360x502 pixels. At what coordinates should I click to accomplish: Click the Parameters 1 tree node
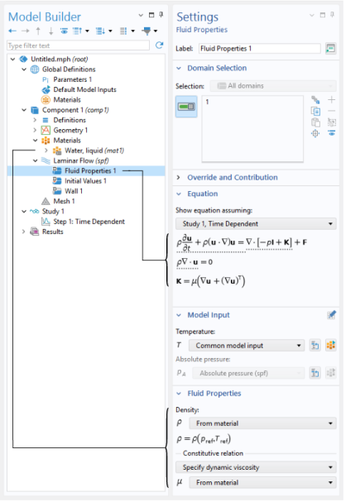(72, 79)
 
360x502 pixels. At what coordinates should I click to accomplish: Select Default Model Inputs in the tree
(84, 89)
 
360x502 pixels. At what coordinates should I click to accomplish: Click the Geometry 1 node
(70, 131)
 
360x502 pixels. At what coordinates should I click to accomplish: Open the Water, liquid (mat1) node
(94, 151)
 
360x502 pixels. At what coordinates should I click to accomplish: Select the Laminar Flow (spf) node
(81, 160)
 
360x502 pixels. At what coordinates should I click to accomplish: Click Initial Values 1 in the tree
(85, 181)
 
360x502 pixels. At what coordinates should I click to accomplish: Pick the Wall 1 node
(74, 191)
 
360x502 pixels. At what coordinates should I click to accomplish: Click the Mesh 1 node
(64, 201)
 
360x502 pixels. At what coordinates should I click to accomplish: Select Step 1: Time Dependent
(89, 222)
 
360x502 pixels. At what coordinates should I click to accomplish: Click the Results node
(52, 232)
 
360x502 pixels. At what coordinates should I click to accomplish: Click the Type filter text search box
(78, 45)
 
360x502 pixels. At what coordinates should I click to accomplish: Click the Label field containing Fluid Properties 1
(259, 48)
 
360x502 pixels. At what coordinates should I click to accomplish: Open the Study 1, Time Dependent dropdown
(256, 224)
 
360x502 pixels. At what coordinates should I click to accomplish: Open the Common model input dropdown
(247, 346)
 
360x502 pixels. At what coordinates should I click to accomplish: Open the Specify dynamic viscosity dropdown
(256, 467)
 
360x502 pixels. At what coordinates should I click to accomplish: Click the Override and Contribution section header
(233, 177)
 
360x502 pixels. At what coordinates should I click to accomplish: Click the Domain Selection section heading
(217, 68)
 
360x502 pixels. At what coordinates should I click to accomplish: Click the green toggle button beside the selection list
(186, 107)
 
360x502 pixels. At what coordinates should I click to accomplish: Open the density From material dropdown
(262, 423)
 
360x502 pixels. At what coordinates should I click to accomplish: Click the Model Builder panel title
(45, 17)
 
